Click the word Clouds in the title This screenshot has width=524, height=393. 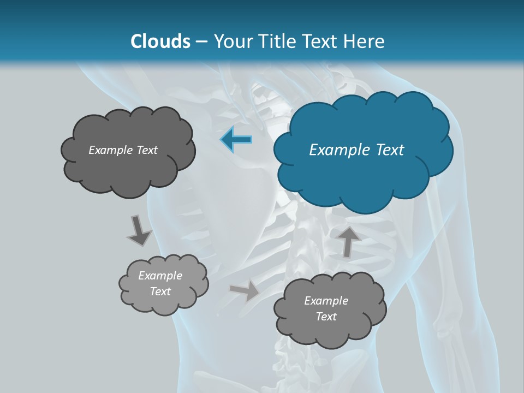pos(160,41)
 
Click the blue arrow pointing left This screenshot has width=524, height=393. pos(236,140)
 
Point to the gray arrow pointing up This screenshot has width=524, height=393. pos(349,241)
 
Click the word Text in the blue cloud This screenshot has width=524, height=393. pos(390,150)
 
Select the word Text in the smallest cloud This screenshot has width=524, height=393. pos(160,291)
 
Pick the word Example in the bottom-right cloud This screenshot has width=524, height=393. pos(326,301)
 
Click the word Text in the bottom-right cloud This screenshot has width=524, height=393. pos(326,317)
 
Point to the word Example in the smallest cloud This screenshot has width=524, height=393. pos(160,276)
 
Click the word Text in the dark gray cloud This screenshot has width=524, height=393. pos(146,150)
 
